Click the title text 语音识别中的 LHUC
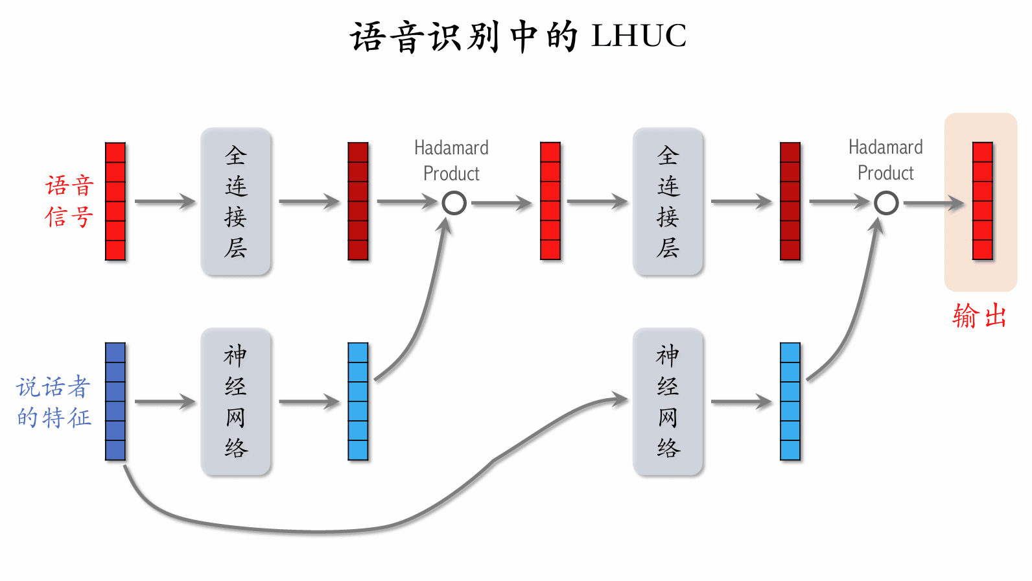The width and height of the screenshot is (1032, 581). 518,36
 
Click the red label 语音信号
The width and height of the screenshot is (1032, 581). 69,201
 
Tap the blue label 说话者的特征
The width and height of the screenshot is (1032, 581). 54,402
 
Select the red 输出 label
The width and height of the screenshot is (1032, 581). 979,316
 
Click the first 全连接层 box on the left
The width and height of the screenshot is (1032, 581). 235,202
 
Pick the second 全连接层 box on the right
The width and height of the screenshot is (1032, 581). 668,202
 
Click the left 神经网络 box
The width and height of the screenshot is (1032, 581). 235,402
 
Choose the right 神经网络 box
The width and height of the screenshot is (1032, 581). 668,402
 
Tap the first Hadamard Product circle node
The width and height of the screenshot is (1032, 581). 454,203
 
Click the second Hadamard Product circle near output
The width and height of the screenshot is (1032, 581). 886,203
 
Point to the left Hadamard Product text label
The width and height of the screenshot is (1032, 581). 451,161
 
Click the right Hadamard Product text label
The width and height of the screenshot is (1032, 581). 885,160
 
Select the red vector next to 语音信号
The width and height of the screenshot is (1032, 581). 115,202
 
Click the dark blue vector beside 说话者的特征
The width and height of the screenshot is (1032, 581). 115,402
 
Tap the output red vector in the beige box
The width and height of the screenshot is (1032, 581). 983,202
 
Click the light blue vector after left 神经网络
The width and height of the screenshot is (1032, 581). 358,402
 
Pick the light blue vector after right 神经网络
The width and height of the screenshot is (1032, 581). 790,402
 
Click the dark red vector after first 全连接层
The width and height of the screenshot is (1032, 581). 358,202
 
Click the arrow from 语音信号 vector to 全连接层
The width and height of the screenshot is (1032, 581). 165,202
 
